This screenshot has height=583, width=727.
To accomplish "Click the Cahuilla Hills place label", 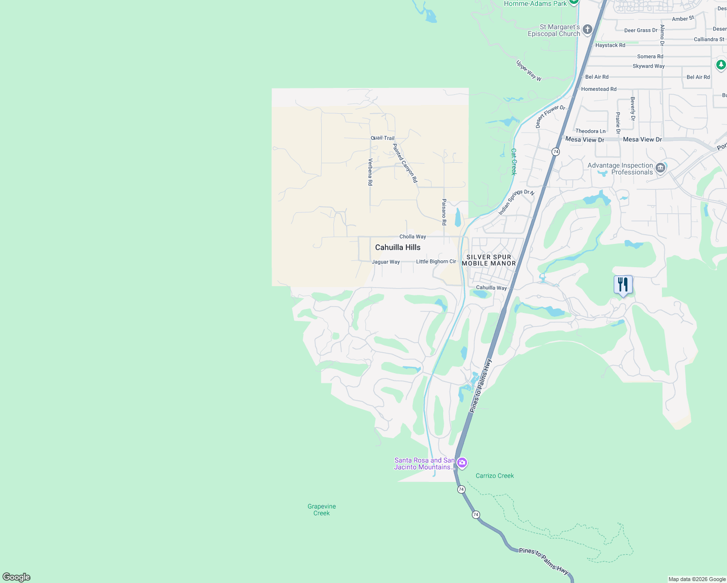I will (398, 247).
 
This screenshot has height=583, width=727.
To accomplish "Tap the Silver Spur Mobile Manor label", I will (489, 260).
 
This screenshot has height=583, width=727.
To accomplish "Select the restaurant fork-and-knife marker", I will (623, 285).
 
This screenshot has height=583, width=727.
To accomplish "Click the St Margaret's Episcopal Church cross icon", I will (587, 30).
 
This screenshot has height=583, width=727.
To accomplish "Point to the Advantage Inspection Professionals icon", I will (660, 168).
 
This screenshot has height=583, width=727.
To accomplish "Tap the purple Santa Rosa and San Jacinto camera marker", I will (462, 463).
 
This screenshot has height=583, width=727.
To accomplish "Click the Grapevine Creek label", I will (322, 510).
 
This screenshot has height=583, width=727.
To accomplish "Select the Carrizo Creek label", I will (495, 476).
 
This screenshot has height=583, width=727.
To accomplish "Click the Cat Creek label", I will (514, 162).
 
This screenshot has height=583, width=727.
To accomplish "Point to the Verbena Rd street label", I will (370, 172).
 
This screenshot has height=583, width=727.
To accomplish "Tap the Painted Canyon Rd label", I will (405, 163).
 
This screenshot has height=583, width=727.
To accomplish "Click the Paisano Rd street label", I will (444, 212).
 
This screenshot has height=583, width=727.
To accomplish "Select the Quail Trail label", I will (382, 138).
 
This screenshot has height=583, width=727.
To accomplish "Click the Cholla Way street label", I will (413, 237).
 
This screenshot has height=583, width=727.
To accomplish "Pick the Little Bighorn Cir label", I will (436, 261).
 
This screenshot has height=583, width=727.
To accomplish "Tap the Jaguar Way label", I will (386, 262).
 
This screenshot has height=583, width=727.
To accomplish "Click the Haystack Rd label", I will (610, 45).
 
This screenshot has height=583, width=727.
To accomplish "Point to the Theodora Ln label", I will (590, 131).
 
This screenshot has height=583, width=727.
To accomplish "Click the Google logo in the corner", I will (17, 577).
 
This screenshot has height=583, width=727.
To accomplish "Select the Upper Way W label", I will (529, 71).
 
